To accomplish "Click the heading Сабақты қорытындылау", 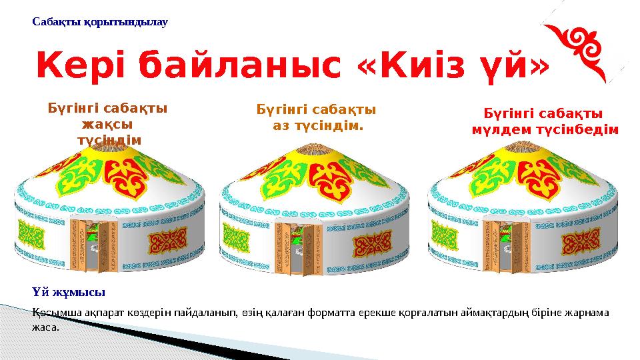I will (100, 22).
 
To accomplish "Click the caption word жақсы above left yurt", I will (107, 123).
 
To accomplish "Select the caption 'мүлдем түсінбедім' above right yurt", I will (545, 129).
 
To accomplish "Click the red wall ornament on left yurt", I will (167, 241).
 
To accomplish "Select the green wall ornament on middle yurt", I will (235, 237).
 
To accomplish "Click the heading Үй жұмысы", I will (69, 292).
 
